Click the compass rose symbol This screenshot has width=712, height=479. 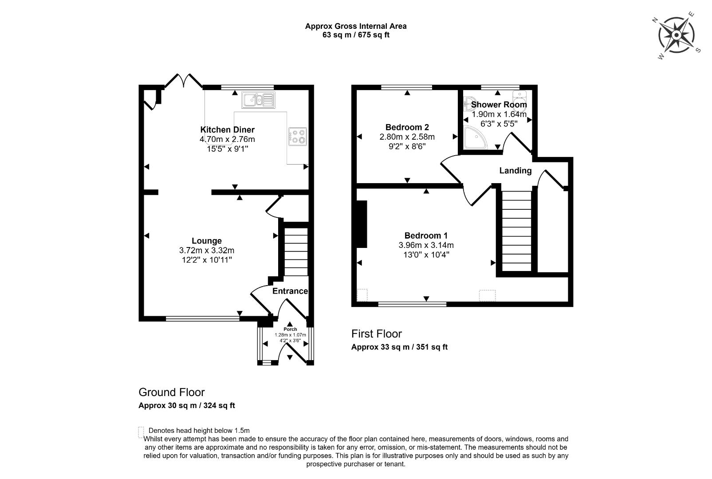pos(676,35)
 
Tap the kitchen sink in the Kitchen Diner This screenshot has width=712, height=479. pos(258,100)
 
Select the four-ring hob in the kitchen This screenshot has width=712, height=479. pos(297,136)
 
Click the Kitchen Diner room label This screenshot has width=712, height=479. pos(227,130)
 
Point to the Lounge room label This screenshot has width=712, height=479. pos(207,241)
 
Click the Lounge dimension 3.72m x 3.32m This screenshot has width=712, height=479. pos(207,251)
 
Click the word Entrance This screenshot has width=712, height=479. pos(290,291)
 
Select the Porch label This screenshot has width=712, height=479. pos(290,329)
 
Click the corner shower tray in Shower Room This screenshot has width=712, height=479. pos(474,137)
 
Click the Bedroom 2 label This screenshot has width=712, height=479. pos(407,127)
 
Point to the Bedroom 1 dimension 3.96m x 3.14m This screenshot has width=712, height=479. pos(426,245)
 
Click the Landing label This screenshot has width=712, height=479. pos(515,171)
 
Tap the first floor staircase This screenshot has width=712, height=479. pos(516,231)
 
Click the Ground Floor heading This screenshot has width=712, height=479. pos(172,392)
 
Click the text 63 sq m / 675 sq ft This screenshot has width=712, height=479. pos(355,35)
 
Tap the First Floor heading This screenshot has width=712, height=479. pos(376,334)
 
